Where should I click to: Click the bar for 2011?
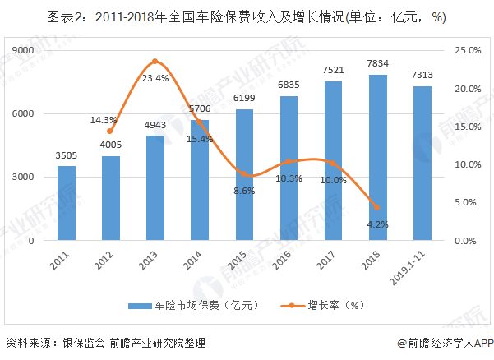click(67, 203)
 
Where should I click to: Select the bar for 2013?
click(155, 188)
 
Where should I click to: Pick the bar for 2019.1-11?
click(422, 164)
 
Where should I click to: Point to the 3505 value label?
click(67, 155)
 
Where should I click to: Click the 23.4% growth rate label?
click(155, 78)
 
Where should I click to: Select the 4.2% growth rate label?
click(378, 224)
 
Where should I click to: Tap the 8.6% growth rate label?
click(245, 190)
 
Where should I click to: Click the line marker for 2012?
click(111, 132)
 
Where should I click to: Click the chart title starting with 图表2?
click(247, 17)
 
